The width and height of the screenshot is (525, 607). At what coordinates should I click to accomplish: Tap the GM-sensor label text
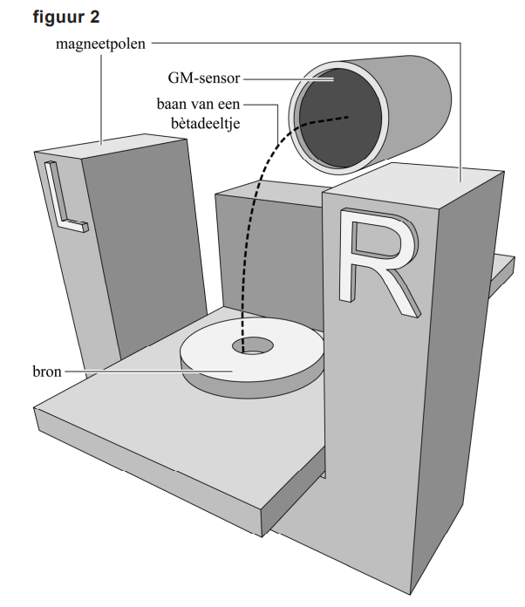[205, 77]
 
